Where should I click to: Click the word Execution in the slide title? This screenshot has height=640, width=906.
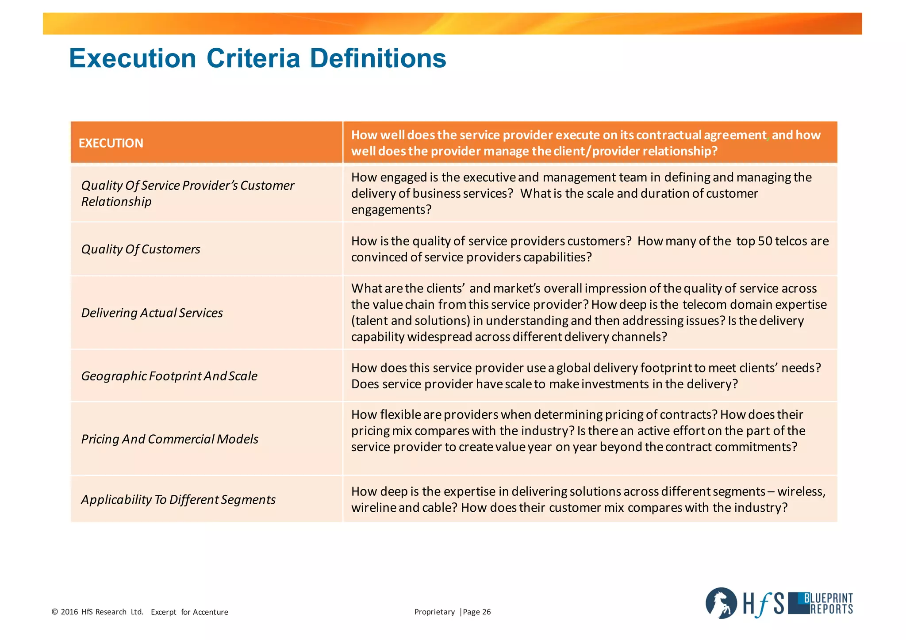pyautogui.click(x=132, y=58)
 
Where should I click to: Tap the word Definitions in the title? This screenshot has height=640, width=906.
pyautogui.click(x=378, y=58)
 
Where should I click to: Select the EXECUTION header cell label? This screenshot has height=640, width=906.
pyautogui.click(x=111, y=143)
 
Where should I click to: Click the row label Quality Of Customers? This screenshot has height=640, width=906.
pyautogui.click(x=141, y=249)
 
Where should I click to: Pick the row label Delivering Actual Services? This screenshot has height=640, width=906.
pyautogui.click(x=152, y=313)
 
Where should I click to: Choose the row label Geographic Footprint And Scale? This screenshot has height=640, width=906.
pyautogui.click(x=169, y=376)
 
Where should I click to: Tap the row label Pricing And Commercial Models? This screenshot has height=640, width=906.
pyautogui.click(x=170, y=439)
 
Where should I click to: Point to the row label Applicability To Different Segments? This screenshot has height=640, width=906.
pyautogui.click(x=178, y=499)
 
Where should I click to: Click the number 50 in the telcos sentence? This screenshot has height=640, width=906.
pyautogui.click(x=765, y=241)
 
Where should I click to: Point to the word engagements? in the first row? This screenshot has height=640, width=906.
pyautogui.click(x=391, y=210)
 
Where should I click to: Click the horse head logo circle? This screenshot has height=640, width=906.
pyautogui.click(x=721, y=603)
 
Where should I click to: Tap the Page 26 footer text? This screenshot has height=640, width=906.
pyautogui.click(x=477, y=612)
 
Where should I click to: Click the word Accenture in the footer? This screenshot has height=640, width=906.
pyautogui.click(x=211, y=612)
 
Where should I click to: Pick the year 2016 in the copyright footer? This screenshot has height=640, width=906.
pyautogui.click(x=69, y=612)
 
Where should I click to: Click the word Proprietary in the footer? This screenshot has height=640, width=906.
pyautogui.click(x=434, y=612)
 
